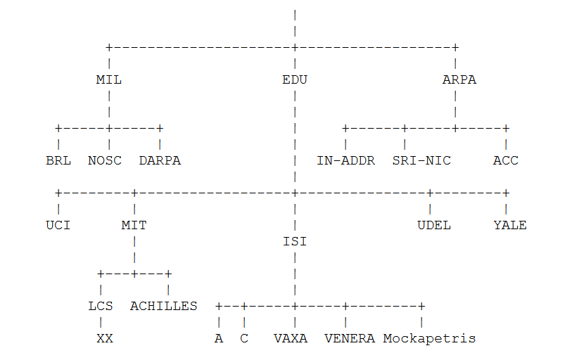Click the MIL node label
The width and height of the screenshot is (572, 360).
coord(108,79)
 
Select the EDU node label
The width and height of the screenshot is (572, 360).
coord(294,79)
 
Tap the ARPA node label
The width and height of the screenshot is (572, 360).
coord(459,79)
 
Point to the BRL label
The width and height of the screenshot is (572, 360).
coord(58,160)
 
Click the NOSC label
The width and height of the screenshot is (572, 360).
coord(104,160)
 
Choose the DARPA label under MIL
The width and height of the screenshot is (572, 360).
coord(160,160)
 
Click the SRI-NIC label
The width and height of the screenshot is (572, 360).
coord(421,160)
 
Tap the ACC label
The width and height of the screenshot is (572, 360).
coord(505,160)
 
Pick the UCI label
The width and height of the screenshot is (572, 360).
coord(58,225)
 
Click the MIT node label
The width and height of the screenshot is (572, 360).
coord(134,225)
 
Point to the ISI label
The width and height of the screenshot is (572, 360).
coord(294,241)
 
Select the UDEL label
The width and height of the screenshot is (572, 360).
coord(433,225)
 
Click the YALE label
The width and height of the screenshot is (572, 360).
coord(509,225)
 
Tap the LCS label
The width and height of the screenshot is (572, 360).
coord(101,306)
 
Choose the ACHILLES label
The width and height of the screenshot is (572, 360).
coord(163,306)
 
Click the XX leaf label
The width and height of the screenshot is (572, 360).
coord(104,338)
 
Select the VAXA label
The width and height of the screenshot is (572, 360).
coord(291,338)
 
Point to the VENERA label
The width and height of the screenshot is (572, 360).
coord(349,338)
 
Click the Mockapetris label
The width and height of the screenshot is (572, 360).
coord(429,338)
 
